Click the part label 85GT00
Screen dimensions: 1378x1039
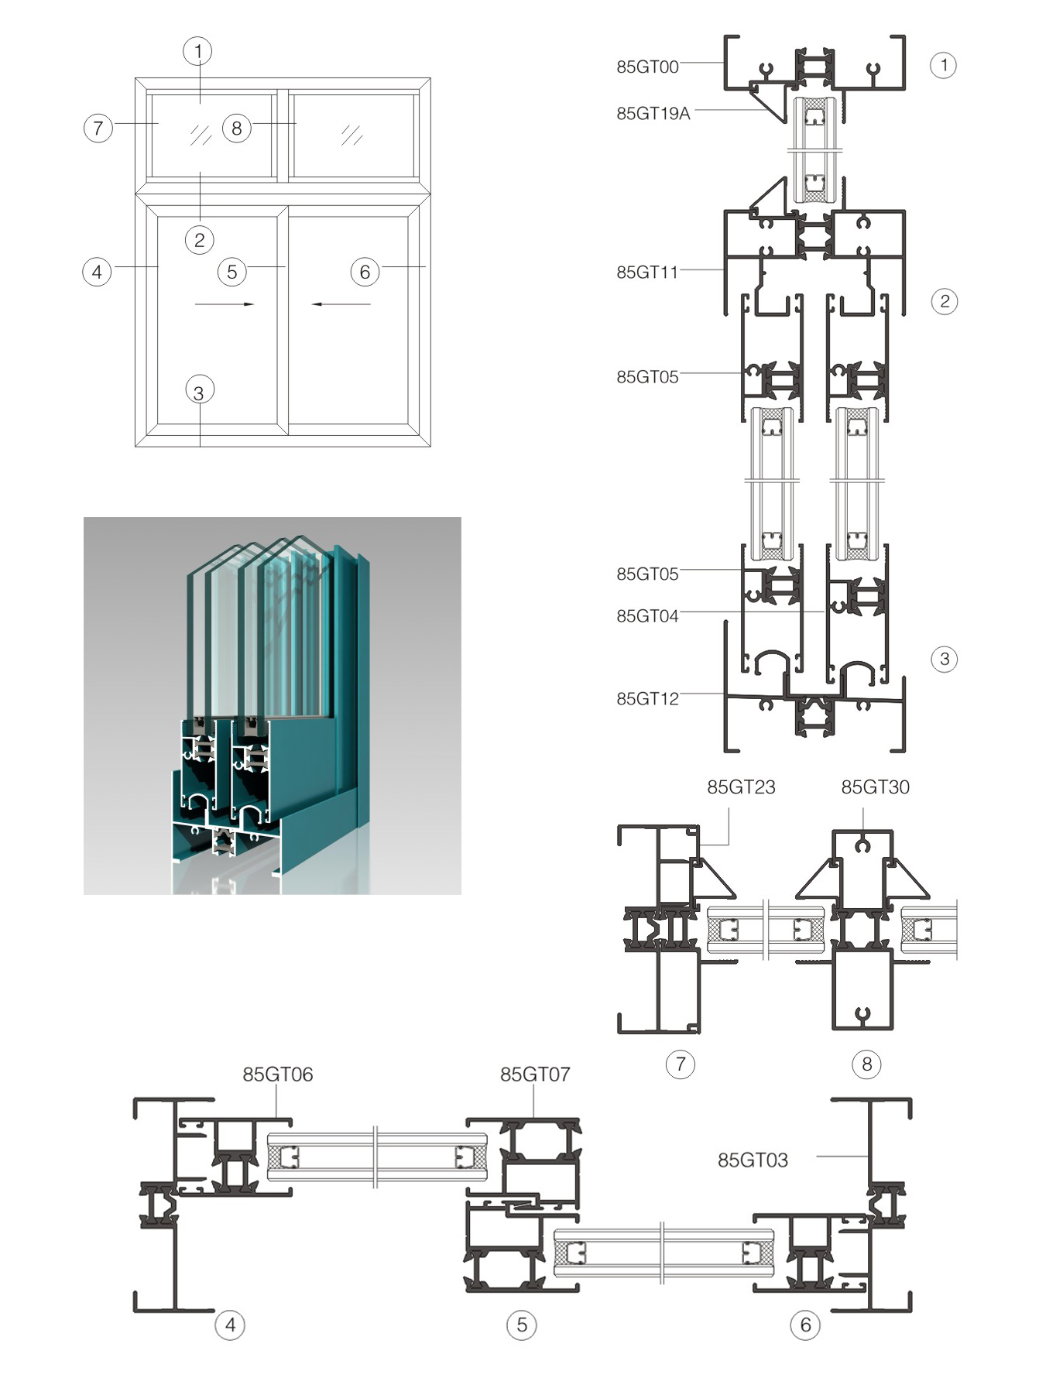647,67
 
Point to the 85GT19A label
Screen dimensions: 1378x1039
653,114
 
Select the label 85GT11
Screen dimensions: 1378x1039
647,272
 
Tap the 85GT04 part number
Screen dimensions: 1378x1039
647,616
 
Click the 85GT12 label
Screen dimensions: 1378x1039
647,699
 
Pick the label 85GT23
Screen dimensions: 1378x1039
741,787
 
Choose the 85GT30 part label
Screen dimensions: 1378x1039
875,787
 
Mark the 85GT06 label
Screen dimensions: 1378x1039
277,1075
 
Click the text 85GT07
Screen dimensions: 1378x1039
535,1075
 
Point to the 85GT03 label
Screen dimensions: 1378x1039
753,1160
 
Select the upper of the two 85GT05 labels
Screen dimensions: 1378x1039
647,377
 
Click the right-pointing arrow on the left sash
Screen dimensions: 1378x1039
225,304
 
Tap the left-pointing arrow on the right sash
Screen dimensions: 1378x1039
341,304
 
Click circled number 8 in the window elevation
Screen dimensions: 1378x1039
237,128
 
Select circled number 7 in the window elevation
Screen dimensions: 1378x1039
98,128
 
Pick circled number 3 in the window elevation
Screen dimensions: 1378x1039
199,392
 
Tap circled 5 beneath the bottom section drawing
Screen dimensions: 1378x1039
522,1325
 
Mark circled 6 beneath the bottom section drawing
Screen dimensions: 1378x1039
805,1325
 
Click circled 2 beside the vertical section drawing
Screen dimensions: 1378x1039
944,301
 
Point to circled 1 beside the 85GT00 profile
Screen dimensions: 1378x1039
943,65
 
